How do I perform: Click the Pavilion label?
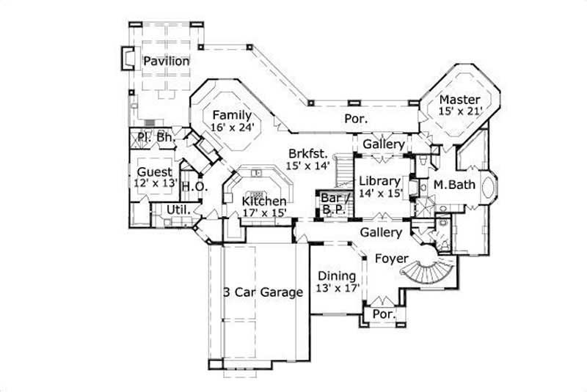[167, 61]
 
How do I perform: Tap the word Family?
[232, 115]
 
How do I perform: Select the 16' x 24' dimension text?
[232, 127]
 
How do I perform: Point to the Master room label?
[459, 99]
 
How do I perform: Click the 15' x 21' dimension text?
[459, 111]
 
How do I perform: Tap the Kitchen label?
[264, 200]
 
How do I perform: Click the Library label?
[379, 181]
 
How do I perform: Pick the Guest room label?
[154, 172]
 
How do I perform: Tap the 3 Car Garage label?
[263, 292]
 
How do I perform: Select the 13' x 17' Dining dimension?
[337, 288]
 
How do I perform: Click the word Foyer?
[392, 258]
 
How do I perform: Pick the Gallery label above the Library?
[383, 144]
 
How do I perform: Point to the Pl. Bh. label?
[154, 136]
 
